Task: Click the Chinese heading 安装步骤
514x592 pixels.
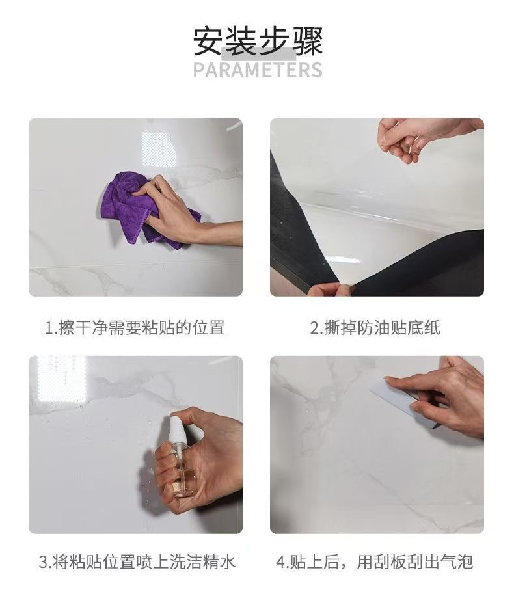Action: point(258,41)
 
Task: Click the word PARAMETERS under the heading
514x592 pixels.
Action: point(258,70)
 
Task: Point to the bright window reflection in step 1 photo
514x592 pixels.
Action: point(159,149)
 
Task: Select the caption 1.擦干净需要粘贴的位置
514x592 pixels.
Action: point(135,328)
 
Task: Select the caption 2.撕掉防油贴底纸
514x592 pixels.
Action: point(375,328)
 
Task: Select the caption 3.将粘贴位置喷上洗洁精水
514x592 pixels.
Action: point(137,562)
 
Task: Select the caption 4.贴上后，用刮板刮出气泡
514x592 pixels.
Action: point(374,562)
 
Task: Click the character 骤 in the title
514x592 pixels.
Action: point(307,41)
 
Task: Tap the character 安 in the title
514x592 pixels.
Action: point(208,41)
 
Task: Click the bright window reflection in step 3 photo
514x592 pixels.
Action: point(62,379)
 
